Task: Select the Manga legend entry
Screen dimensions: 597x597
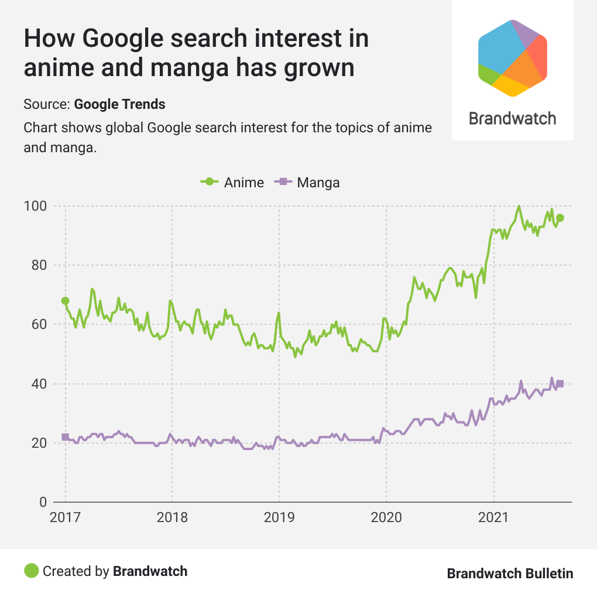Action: click(310, 182)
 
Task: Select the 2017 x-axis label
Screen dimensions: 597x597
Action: click(65, 518)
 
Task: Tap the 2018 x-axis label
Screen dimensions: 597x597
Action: click(172, 518)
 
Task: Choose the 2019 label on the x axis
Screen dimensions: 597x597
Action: click(279, 518)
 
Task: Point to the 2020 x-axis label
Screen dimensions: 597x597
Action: click(386, 518)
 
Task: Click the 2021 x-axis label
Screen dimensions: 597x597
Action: click(493, 518)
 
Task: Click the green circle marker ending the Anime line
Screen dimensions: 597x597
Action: click(560, 218)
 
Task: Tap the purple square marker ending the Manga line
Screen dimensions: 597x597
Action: click(560, 383)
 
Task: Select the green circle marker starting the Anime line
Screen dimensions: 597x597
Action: click(65, 301)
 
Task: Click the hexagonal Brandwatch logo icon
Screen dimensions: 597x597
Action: click(513, 57)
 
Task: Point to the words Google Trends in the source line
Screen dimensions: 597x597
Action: click(120, 105)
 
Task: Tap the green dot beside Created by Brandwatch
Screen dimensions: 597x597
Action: click(32, 571)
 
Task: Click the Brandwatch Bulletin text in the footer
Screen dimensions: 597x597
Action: click(510, 574)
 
